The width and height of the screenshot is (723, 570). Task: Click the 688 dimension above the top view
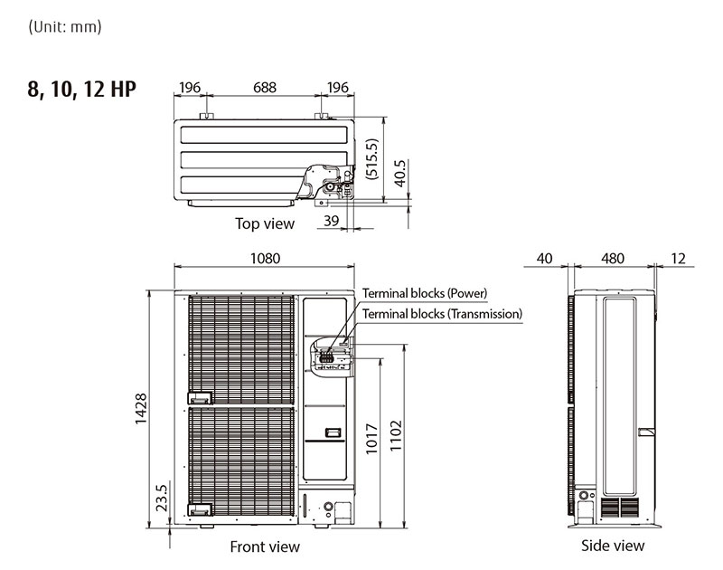tap(264, 88)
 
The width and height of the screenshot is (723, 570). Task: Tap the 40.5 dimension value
tap(400, 169)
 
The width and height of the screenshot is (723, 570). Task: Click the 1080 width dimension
tap(265, 259)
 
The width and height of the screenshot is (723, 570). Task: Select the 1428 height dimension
tap(142, 409)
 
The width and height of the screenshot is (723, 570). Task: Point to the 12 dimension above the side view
tap(679, 259)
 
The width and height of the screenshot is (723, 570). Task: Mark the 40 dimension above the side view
tap(544, 259)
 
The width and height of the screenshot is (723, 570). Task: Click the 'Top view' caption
tap(265, 223)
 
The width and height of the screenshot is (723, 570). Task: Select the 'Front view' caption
tap(265, 546)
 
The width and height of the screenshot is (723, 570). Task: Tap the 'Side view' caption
tap(613, 546)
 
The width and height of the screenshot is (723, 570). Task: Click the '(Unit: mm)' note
tap(65, 26)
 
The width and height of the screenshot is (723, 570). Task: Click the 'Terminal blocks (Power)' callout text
tap(425, 293)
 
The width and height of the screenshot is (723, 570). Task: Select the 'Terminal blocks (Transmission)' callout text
tap(442, 314)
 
